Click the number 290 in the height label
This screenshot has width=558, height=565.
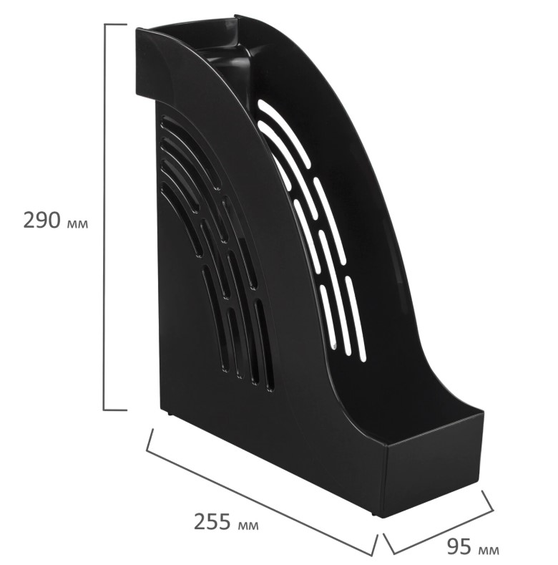click(x=41, y=220)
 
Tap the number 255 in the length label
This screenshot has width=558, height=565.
click(x=212, y=521)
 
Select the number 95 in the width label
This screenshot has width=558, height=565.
click(x=459, y=546)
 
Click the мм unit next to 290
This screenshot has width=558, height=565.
click(x=77, y=224)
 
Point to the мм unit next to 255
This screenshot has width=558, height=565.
click(x=248, y=526)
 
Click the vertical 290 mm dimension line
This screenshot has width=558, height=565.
click(x=104, y=217)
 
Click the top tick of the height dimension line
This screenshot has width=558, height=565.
click(x=115, y=24)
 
